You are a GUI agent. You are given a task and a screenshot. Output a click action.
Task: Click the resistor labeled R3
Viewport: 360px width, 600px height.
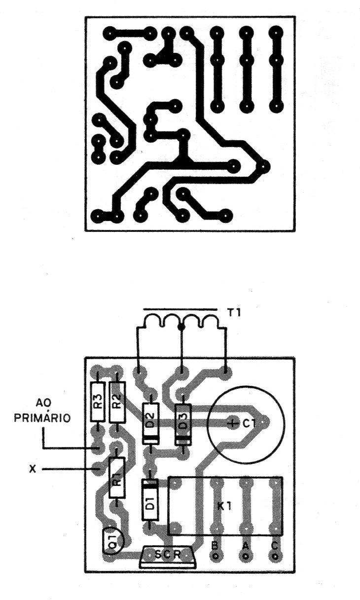[98, 402]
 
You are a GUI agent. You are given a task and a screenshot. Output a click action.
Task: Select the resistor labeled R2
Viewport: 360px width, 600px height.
[117, 402]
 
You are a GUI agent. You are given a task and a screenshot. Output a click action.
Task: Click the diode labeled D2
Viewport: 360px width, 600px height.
[150, 423]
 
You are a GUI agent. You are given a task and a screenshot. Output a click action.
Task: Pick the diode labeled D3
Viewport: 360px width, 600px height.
[183, 424]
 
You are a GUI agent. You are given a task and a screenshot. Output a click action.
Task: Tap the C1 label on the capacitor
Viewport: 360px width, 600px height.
[250, 423]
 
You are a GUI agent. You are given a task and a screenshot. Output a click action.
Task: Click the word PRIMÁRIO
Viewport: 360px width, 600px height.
[42, 418]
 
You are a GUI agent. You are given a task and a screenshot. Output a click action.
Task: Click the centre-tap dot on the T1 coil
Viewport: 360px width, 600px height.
[181, 327]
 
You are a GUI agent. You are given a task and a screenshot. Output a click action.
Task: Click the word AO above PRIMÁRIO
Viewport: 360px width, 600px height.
[43, 403]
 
